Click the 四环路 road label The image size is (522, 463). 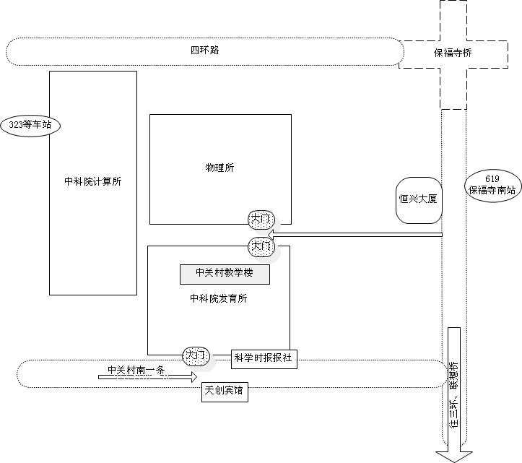pos(204,51)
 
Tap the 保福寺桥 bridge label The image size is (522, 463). pos(453,53)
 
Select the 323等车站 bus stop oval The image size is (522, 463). pos(30,125)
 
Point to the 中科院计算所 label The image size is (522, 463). pos(92,182)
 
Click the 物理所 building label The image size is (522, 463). pos(220,168)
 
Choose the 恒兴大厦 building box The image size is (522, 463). pos(419,197)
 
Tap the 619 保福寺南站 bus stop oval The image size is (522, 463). pos(492,186)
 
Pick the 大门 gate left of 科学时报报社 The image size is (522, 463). pos(196,355)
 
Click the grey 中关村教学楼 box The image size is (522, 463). pos(225,274)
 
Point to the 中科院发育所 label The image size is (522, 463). pos(218,299)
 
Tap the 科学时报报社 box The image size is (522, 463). pos(264,358)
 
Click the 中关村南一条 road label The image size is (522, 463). pos(136,371)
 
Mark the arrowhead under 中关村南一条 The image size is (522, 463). pos(192,376)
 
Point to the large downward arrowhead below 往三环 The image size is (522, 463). pos(453,454)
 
